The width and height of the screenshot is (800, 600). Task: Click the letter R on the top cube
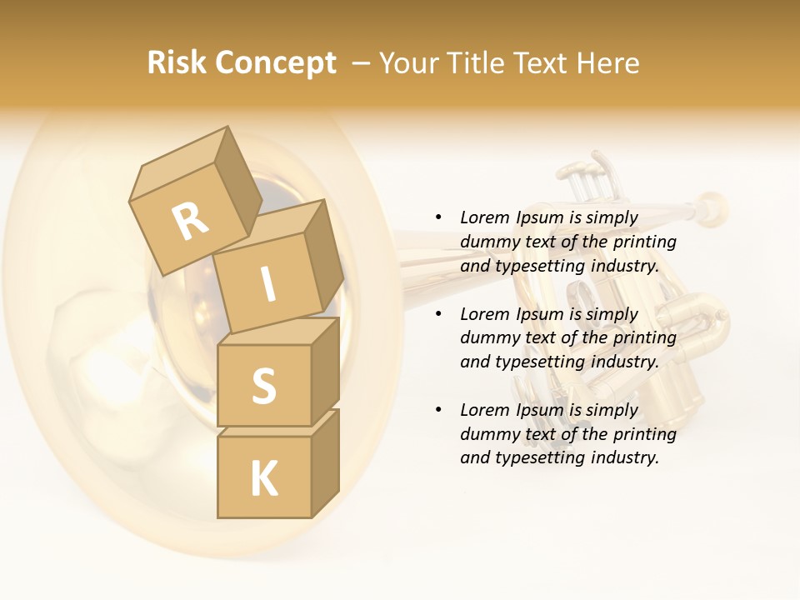190,221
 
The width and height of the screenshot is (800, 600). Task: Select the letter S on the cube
263,386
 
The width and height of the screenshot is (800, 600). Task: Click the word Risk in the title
177,63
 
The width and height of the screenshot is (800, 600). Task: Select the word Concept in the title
276,64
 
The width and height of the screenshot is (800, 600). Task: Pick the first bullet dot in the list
438,217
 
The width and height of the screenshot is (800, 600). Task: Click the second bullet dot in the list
438,314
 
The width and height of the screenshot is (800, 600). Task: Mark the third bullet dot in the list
438,410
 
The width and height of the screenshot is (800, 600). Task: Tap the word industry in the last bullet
624,457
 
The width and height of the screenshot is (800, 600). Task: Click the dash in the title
362,63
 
